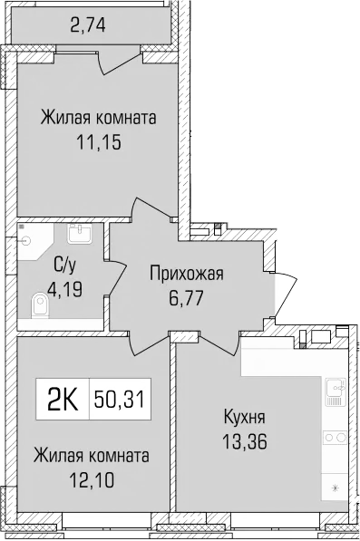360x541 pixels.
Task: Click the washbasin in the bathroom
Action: click(79, 233)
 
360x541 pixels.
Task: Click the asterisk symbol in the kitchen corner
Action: click(336, 489)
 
